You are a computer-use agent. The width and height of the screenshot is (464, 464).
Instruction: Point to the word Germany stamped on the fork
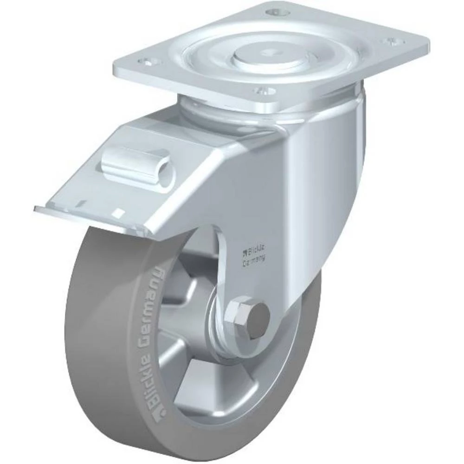click(254, 261)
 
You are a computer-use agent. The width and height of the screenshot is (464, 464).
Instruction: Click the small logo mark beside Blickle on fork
click(244, 253)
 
